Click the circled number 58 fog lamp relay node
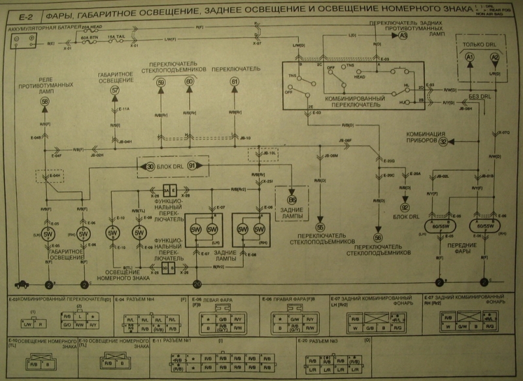click(44, 102)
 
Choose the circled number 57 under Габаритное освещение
click(115, 90)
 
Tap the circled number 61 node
click(235, 81)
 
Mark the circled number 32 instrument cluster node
click(443, 141)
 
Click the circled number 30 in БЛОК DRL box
click(150, 166)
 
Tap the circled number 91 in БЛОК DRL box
click(192, 166)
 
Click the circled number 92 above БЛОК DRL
click(404, 208)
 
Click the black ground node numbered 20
click(197, 283)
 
